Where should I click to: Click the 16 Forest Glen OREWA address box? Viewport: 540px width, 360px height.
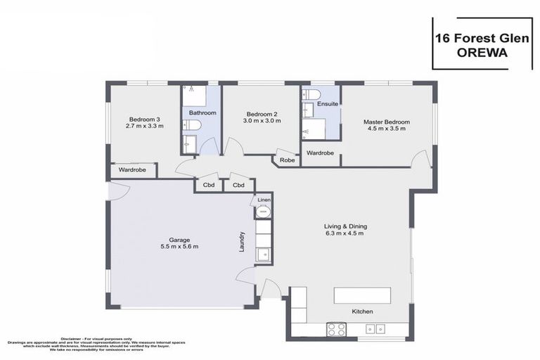(x=482, y=44)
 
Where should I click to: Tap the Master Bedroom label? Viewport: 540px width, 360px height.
(x=386, y=122)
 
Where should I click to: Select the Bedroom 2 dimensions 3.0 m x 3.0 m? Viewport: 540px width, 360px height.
(x=262, y=121)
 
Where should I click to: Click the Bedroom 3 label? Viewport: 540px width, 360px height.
(x=144, y=118)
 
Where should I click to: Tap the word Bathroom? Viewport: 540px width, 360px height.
(x=202, y=112)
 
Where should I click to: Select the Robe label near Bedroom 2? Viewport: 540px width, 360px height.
(x=287, y=160)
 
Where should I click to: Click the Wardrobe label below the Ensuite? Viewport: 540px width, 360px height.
(x=320, y=153)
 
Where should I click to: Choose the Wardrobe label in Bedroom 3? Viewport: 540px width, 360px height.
(x=131, y=169)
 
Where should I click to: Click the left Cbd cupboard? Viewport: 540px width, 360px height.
(x=209, y=186)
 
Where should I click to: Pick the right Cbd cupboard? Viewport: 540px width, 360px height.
(x=238, y=186)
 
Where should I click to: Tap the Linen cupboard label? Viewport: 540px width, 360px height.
(x=263, y=200)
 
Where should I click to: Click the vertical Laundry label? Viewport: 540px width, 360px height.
(x=242, y=243)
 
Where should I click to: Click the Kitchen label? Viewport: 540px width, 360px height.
(x=362, y=311)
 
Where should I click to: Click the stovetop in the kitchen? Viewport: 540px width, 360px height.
(x=335, y=328)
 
